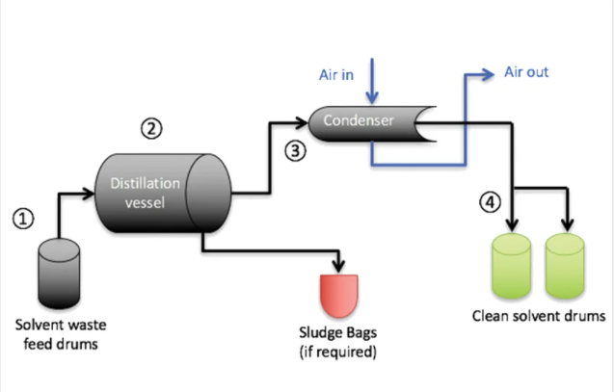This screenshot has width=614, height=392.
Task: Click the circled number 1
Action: pyautogui.click(x=24, y=219)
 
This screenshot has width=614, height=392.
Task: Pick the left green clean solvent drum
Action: pyautogui.click(x=512, y=268)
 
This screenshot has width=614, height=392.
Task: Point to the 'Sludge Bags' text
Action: pyautogui.click(x=337, y=333)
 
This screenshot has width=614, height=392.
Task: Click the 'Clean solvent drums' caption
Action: pyautogui.click(x=538, y=315)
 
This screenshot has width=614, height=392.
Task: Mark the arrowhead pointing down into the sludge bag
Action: pyautogui.click(x=338, y=265)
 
